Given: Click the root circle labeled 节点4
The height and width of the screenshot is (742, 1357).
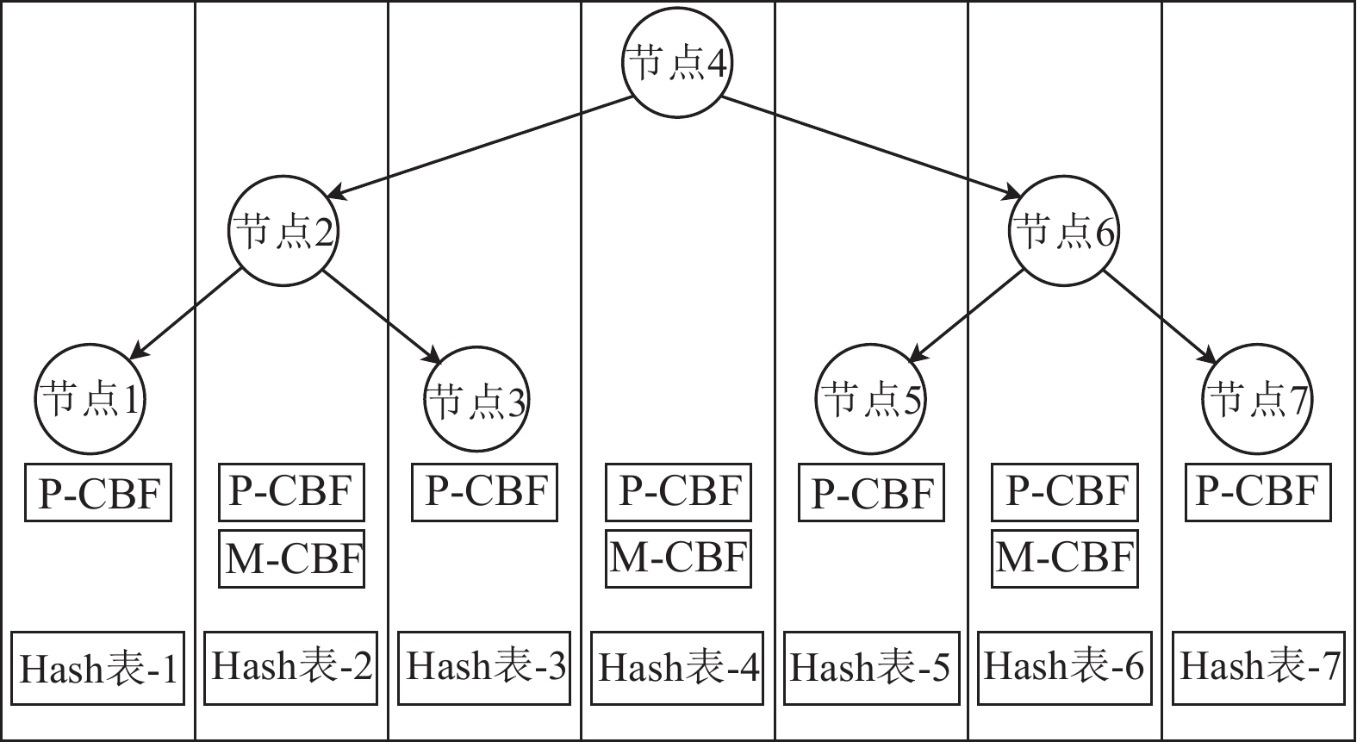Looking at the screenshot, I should (677, 65).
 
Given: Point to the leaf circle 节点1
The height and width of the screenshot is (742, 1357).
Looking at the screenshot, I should (90, 399).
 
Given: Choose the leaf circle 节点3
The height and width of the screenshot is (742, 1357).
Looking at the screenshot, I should (477, 399).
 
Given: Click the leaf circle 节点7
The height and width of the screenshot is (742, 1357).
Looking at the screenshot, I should (1257, 399).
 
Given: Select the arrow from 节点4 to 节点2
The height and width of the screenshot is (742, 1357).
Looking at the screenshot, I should (482, 147).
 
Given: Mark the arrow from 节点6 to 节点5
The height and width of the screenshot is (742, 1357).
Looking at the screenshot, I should (968, 313).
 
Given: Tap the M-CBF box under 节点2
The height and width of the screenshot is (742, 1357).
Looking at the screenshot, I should (292, 559).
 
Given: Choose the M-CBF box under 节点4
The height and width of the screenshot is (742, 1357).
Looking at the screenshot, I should (678, 559).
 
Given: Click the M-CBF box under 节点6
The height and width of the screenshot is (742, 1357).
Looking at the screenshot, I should (1064, 559).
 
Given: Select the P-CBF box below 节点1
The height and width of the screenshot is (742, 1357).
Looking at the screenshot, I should (98, 493).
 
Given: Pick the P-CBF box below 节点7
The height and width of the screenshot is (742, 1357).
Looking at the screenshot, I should (1258, 492).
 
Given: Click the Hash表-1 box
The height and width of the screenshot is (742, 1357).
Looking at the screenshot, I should (98, 668).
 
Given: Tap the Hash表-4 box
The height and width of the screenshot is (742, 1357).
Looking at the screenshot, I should (678, 668).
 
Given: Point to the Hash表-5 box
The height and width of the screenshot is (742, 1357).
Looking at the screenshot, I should (871, 668).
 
